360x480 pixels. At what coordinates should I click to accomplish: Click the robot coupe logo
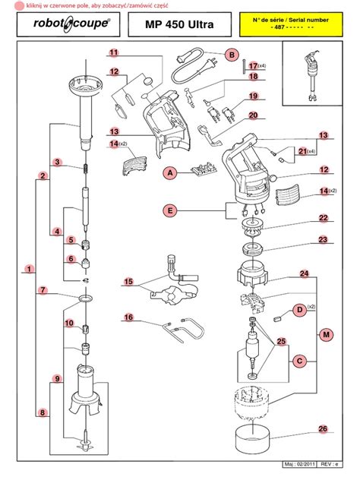71,24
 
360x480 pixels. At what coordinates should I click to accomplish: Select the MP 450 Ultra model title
179,24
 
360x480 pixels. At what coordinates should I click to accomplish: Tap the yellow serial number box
291,24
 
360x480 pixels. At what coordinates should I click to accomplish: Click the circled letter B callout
232,55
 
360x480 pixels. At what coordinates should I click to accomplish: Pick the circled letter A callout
170,173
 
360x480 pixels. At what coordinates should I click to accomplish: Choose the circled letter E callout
170,210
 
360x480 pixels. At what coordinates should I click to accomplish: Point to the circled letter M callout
327,335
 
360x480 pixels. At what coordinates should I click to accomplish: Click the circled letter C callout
300,362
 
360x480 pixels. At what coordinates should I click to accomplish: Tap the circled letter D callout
300,310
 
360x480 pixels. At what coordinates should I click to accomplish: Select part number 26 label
323,429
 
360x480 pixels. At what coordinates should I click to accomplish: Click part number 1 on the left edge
30,269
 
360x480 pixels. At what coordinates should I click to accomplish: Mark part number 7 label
43,290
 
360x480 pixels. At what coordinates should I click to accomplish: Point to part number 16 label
128,317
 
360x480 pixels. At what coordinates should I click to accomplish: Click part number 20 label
253,115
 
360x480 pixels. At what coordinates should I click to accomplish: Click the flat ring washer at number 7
85,298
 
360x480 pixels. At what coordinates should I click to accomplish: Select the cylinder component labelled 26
253,438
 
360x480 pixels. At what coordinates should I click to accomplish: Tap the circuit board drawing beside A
204,169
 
